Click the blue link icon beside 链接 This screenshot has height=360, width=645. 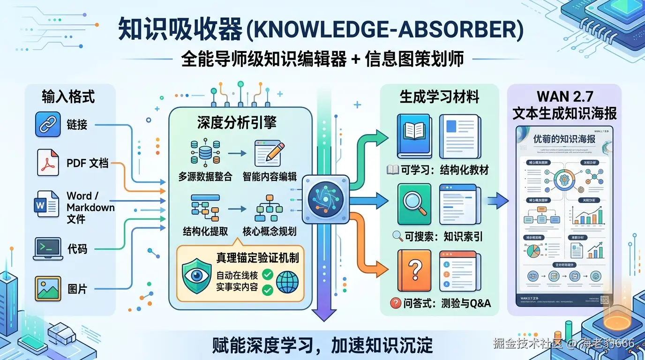(x=48, y=124)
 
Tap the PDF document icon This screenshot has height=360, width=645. (x=48, y=163)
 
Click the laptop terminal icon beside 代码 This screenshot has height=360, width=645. (x=48, y=249)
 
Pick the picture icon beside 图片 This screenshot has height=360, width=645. (x=48, y=288)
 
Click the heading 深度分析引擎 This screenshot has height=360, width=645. (x=237, y=123)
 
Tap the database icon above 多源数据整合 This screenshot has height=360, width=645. (x=205, y=152)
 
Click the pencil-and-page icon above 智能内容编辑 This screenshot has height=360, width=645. (x=269, y=153)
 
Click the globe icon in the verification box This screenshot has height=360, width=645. (x=287, y=283)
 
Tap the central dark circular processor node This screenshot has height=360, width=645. (x=322, y=199)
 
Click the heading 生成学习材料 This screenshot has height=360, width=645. (x=439, y=97)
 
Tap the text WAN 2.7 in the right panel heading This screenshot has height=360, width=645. (x=565, y=97)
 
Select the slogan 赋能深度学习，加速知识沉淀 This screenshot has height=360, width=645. (x=322, y=346)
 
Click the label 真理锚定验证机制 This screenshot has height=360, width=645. (x=257, y=257)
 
